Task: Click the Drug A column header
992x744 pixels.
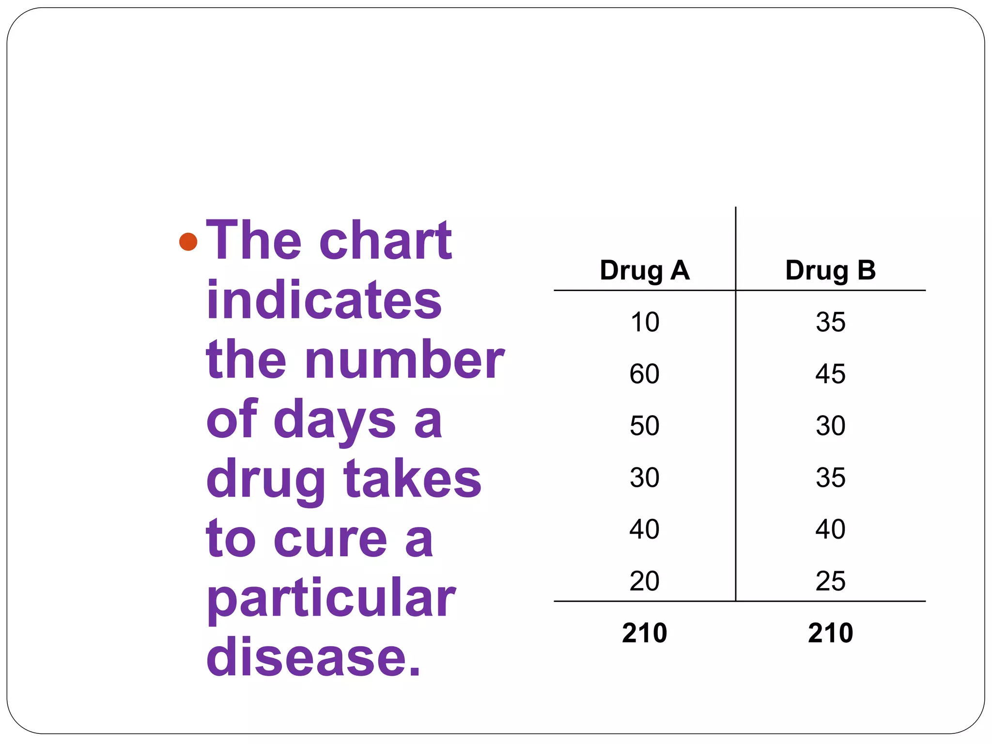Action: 644,270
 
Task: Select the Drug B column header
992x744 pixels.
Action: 830,270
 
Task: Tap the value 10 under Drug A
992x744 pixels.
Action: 645,322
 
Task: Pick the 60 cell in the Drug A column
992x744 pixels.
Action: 644,374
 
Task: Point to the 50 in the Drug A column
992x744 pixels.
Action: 644,426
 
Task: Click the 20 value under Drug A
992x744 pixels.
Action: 644,581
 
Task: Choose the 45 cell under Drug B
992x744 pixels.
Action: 830,374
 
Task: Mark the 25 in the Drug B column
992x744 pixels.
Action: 830,581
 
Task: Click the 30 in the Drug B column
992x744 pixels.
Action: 830,426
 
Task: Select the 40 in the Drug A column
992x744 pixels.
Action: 644,529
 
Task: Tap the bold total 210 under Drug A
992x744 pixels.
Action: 644,633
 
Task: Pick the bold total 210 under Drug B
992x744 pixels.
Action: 830,633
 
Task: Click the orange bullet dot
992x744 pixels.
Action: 188,241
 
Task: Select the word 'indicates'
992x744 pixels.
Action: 324,300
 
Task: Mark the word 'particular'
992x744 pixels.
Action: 331,599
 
